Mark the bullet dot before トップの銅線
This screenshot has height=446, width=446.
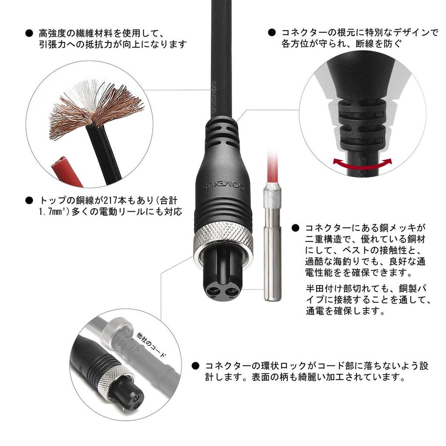pos(29,200)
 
